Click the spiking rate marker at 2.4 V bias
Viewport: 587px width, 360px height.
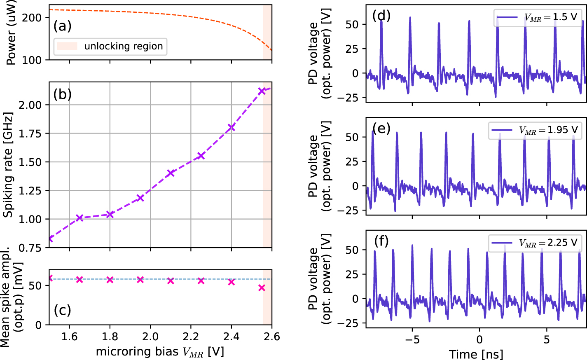[x=231, y=127]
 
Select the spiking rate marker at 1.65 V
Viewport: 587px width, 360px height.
[x=80, y=217]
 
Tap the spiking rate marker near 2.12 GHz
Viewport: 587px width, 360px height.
[x=262, y=91]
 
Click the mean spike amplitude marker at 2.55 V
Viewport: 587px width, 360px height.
[x=262, y=288]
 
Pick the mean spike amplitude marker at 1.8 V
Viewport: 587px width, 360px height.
[x=110, y=280]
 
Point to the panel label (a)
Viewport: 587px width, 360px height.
[x=63, y=26]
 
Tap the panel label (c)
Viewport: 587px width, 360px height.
[x=63, y=310]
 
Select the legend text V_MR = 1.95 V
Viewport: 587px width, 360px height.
[x=548, y=130]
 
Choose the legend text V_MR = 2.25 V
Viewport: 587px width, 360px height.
[x=548, y=243]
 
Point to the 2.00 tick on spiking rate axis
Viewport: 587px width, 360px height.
[x=30, y=105]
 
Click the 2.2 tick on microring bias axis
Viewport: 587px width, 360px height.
[x=191, y=337]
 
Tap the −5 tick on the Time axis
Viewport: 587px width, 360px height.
[x=412, y=340]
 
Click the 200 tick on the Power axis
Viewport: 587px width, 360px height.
[x=32, y=18]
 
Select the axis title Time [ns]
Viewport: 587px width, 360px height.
[x=476, y=354]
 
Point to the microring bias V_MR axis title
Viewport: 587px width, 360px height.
[x=160, y=352]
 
